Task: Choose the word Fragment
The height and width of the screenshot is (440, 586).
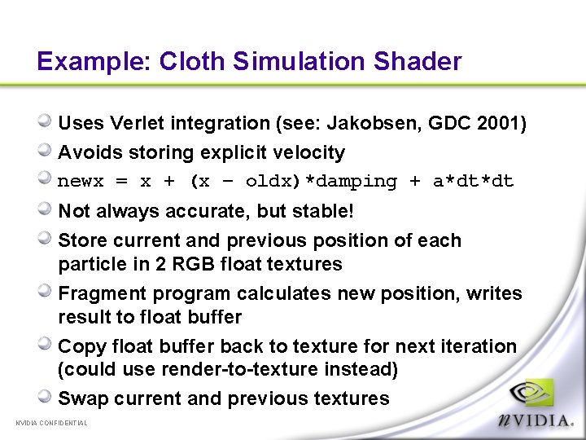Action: (98, 293)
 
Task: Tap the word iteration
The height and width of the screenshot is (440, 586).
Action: (478, 346)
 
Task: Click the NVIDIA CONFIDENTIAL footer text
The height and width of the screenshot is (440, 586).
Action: (51, 423)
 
